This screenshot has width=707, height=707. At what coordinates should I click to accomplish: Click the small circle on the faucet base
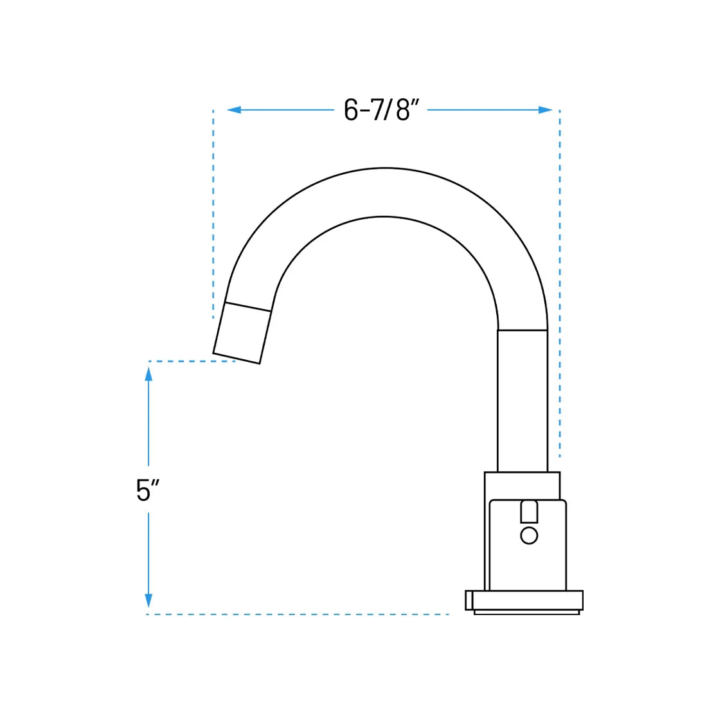[x=528, y=535]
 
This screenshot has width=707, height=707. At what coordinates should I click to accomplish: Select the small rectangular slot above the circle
[x=528, y=512]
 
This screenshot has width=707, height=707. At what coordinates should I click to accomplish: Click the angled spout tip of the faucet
[x=240, y=333]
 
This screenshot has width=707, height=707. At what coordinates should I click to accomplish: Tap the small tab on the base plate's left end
[x=469, y=600]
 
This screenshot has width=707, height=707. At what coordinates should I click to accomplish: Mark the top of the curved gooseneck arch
[x=384, y=192]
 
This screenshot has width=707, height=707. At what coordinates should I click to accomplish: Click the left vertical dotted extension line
[x=213, y=212]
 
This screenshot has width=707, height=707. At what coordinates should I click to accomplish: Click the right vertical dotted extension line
[x=559, y=283]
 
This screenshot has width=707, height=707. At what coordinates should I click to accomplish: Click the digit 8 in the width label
[x=403, y=110]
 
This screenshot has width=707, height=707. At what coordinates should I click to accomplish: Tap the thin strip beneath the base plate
[x=526, y=613]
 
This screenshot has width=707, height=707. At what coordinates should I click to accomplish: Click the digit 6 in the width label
[x=351, y=110]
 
